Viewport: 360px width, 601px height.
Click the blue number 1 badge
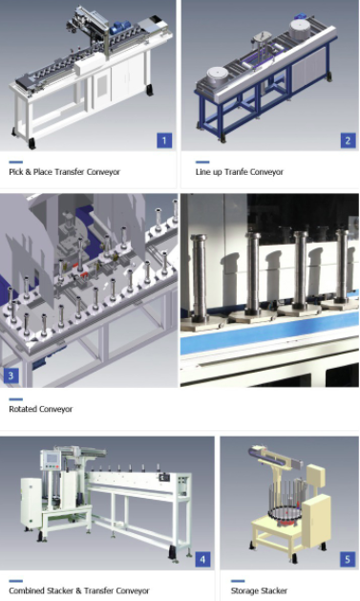(x=164, y=140)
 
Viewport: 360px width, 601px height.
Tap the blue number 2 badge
(x=349, y=140)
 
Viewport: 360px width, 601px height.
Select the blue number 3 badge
(x=11, y=376)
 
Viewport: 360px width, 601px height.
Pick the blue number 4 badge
(x=203, y=559)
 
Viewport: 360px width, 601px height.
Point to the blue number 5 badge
(x=348, y=559)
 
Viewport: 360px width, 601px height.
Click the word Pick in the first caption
(x=15, y=172)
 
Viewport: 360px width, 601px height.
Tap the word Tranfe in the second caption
(x=236, y=172)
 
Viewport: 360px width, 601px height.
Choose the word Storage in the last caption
(x=244, y=590)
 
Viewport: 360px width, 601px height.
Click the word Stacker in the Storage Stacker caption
(x=273, y=590)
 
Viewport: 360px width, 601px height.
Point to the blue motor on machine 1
(x=119, y=28)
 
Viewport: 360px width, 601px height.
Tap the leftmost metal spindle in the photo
(x=199, y=278)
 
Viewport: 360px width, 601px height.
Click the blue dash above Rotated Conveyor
(x=15, y=399)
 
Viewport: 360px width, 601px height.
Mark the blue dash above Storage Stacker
(x=238, y=581)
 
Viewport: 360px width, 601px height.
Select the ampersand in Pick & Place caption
(x=28, y=172)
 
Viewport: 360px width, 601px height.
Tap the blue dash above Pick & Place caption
(x=15, y=162)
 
